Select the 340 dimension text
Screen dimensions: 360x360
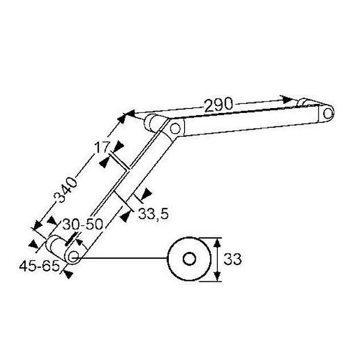coord(65,190)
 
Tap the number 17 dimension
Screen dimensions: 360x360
coord(101,148)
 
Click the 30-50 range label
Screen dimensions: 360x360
coord(83,224)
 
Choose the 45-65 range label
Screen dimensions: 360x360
coord(39,266)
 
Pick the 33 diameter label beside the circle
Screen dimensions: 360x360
coord(232,259)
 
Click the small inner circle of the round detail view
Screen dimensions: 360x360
coord(189,259)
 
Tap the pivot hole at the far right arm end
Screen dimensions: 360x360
coord(328,113)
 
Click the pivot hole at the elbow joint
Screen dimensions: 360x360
coord(175,128)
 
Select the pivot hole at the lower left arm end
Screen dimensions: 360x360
coord(73,256)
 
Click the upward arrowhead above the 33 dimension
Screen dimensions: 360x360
coord(217,243)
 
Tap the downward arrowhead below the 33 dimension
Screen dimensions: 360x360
coord(217,276)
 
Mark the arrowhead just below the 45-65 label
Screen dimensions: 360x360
coord(68,274)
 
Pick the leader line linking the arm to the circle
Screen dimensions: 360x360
coord(121,258)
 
